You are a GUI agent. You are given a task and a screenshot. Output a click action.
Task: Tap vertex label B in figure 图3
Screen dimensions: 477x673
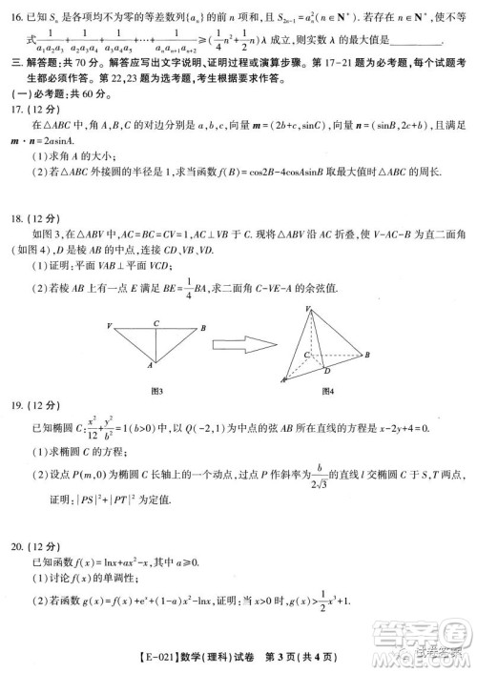pyautogui.click(x=203, y=327)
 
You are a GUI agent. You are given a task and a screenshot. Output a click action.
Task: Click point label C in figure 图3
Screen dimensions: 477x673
pyautogui.click(x=156, y=322)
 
